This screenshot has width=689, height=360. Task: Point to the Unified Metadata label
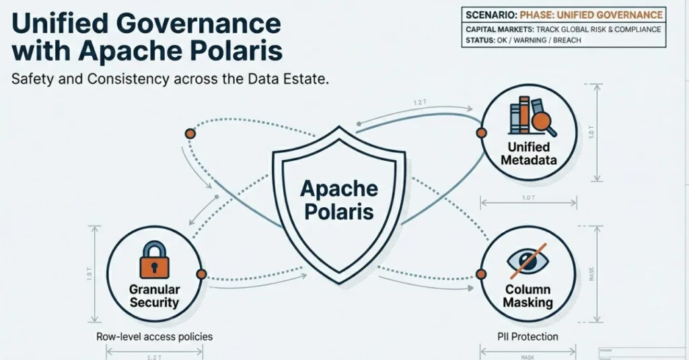tap(529, 153)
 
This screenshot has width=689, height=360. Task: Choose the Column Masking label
tap(528, 296)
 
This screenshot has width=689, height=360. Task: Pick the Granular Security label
tap(155, 295)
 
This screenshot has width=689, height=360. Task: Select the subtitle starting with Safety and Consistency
tap(170, 79)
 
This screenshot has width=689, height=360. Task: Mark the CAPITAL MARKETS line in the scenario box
tap(563, 29)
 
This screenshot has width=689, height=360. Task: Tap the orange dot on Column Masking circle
tap(481, 274)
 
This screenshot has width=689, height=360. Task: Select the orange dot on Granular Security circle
tap(201, 274)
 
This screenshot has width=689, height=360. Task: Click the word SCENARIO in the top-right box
tap(490, 15)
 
